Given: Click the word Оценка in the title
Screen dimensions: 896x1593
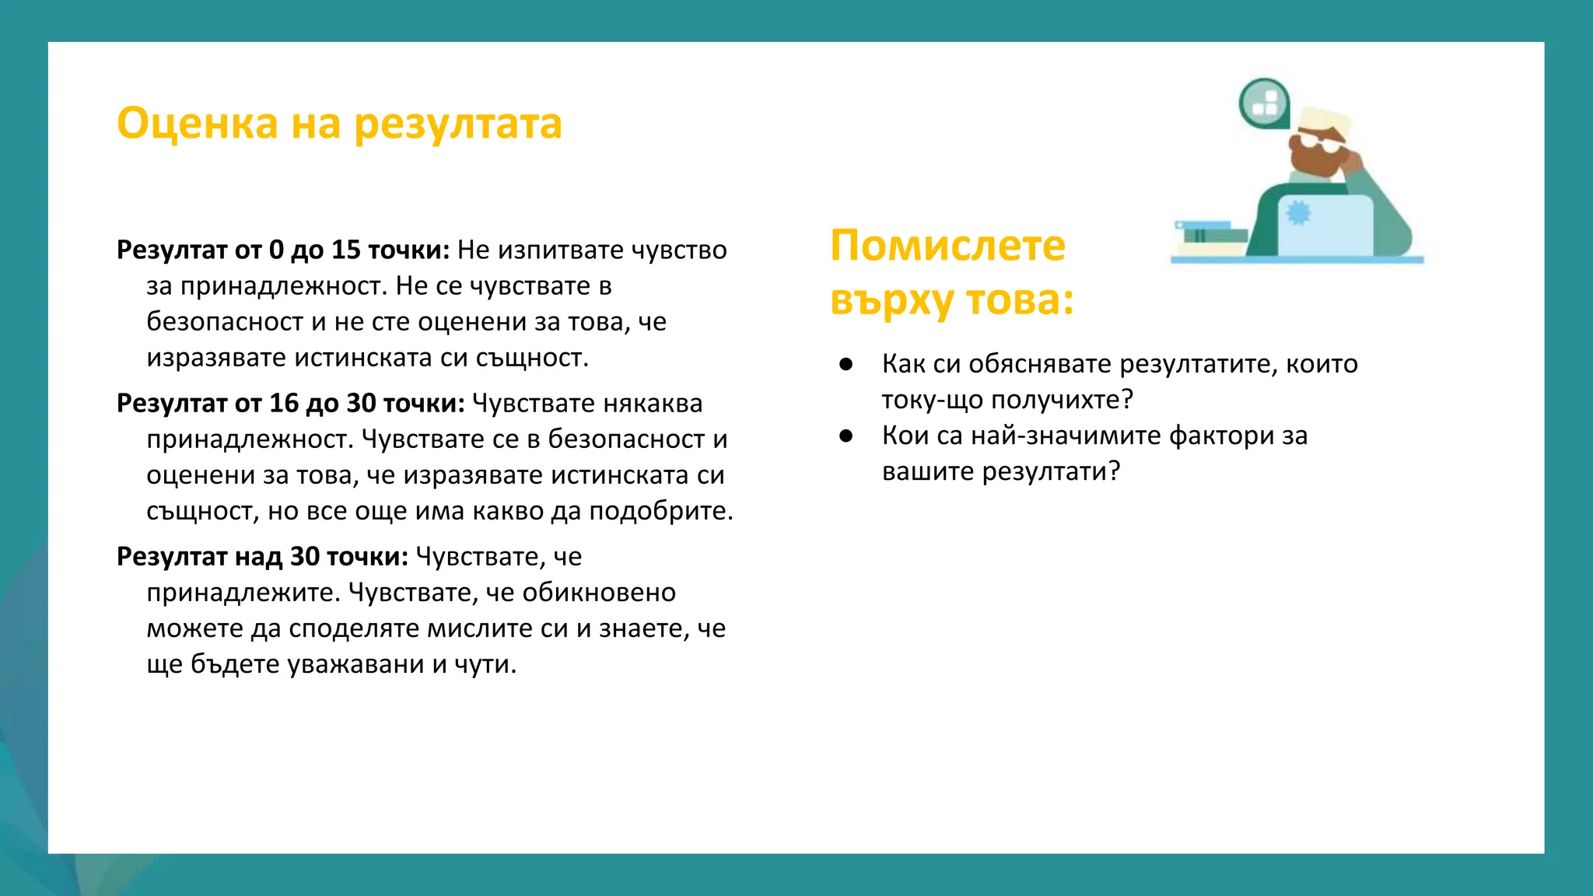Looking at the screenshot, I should tap(197, 124).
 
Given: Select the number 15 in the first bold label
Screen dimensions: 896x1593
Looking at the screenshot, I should tap(346, 250).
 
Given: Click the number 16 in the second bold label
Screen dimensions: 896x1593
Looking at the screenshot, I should tap(284, 403).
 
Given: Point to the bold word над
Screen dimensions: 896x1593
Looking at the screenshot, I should tap(258, 556).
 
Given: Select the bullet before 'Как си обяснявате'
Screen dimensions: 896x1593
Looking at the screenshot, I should tap(846, 364).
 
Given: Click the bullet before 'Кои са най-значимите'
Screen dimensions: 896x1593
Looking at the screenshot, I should tap(846, 436).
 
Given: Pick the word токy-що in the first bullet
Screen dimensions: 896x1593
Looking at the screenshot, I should tap(932, 400).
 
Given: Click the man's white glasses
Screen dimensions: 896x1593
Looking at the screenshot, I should tap(1319, 145).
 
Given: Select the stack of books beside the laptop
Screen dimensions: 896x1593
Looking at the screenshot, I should tap(1210, 237).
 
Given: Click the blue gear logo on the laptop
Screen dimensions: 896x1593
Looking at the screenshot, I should tap(1298, 212).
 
